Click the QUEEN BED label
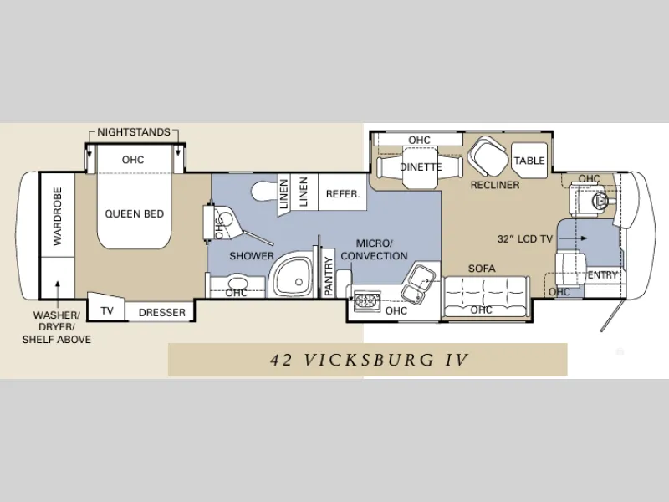click(135, 213)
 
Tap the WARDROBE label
click(58, 217)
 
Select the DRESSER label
click(162, 312)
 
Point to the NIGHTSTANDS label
click(134, 132)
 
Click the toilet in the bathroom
click(263, 192)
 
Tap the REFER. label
click(343, 194)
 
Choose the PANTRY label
click(329, 276)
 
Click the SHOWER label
click(252, 256)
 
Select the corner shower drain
click(299, 282)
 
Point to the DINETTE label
click(421, 166)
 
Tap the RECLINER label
click(495, 185)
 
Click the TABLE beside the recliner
click(529, 161)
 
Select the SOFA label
click(482, 269)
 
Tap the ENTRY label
click(602, 275)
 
